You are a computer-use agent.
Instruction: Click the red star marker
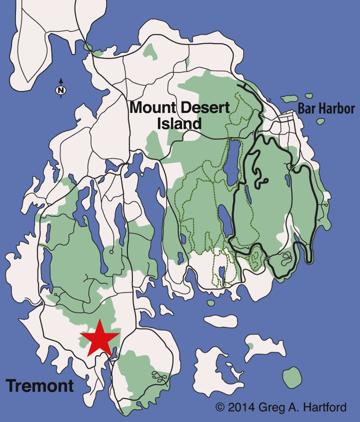100,337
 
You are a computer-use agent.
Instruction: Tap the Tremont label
39,385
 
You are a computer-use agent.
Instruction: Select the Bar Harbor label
325,108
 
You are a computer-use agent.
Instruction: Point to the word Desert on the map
205,106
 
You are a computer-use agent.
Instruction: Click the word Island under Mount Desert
179,123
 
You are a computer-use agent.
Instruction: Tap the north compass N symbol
60,90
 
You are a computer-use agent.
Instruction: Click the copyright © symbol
220,407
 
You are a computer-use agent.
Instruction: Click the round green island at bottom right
291,376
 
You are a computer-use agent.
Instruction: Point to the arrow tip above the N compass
60,79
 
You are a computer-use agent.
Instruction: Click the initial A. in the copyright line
293,407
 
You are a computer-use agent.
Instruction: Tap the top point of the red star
99,319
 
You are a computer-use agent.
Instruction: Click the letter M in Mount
136,106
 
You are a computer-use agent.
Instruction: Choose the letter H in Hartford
306,407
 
